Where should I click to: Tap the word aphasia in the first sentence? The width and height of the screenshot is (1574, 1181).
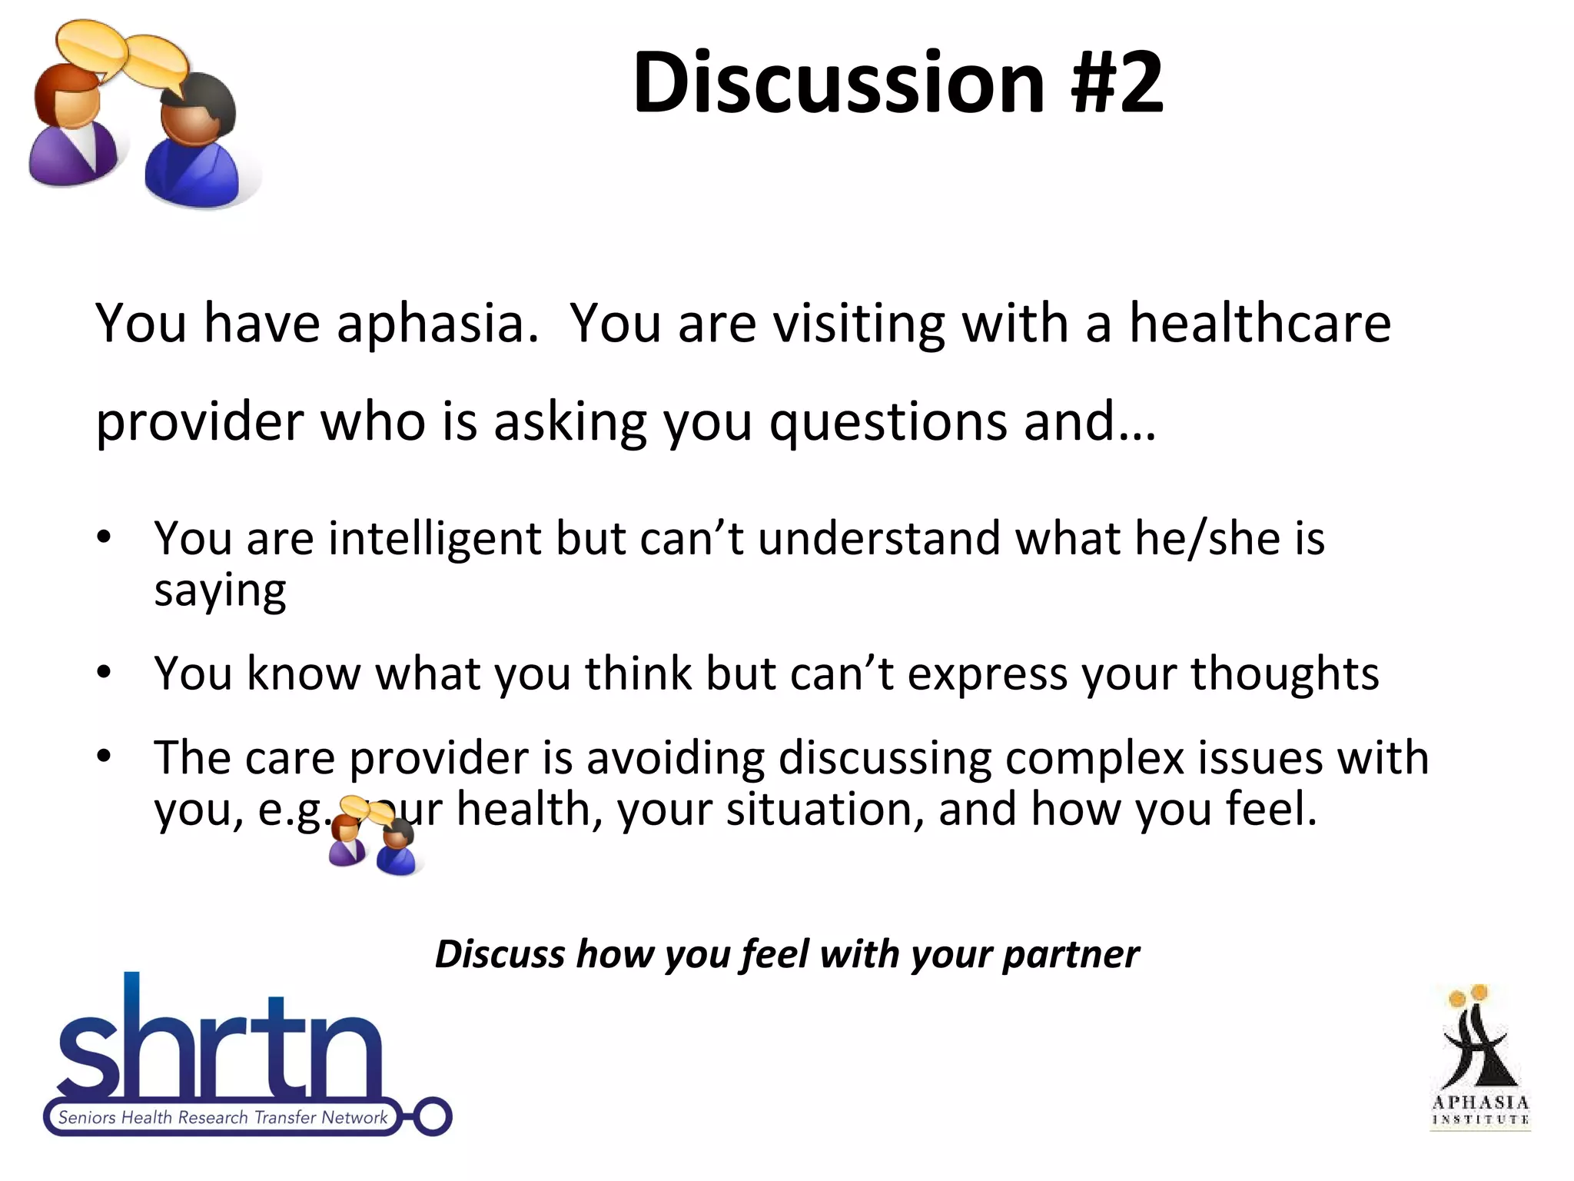click(x=437, y=324)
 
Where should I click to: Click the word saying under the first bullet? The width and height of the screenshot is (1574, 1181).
click(x=221, y=591)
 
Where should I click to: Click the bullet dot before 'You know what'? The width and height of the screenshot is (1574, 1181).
click(x=105, y=674)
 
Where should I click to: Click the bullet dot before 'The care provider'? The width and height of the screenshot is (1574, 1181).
click(x=105, y=757)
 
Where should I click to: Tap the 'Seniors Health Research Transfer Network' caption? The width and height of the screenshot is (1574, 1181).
click(x=223, y=1117)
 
